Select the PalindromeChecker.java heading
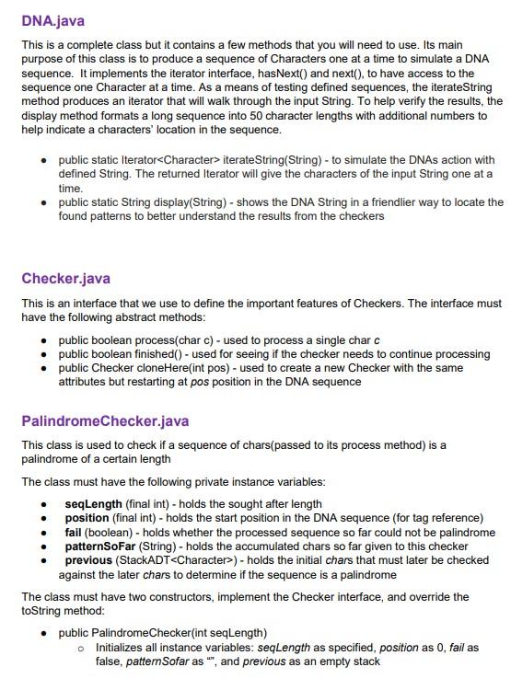(x=106, y=421)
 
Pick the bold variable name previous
(x=90, y=560)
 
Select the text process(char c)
(x=172, y=341)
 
